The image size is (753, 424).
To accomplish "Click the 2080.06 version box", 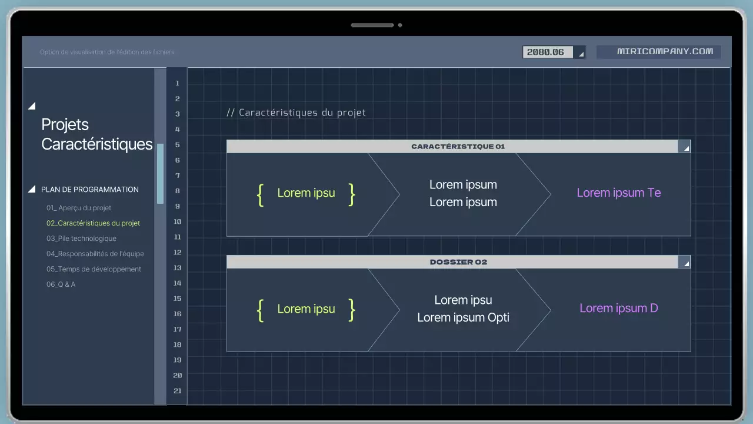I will pos(553,52).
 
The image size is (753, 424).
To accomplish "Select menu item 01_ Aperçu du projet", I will pos(79,208).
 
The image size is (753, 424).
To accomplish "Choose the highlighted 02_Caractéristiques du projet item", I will pos(93,223).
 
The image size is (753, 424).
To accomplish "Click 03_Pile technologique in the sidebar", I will pos(81,238).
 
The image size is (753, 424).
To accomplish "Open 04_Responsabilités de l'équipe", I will pos(95,254).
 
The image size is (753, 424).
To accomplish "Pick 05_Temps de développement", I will pos(94,269).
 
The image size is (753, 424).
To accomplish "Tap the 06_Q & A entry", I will pos(61,284).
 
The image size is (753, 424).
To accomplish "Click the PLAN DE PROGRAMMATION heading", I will pos(90,190).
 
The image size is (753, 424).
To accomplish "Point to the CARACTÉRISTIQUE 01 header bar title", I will pos(458,147).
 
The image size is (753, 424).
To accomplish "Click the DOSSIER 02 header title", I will pos(458,262).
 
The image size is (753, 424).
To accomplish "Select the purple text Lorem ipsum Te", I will pos(619,193).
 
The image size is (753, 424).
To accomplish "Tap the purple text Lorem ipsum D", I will pos(619,308).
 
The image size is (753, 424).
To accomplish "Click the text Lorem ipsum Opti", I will pos(463,318).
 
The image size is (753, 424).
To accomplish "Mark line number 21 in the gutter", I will pos(177,390).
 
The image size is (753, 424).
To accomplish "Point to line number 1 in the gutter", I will pos(177,83).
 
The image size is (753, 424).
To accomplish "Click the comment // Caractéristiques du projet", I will pos(296,112).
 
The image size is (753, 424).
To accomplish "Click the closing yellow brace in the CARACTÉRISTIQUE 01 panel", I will pos(352,194).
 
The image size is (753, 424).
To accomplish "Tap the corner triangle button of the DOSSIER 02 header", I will pos(685,263).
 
